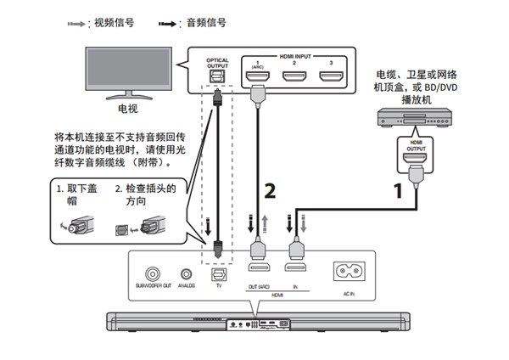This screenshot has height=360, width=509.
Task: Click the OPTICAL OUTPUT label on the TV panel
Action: (x=218, y=63)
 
